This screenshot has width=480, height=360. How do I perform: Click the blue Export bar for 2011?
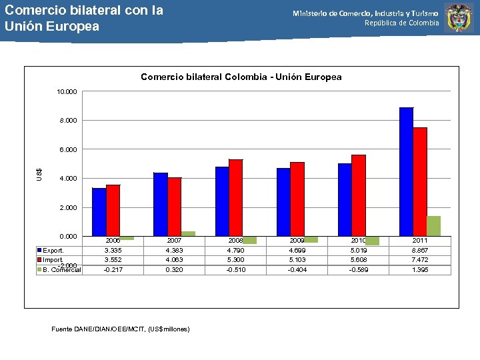pos(406,171)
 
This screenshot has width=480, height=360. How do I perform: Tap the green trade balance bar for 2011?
pos(433,226)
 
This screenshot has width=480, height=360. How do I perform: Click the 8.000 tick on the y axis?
pos(67,121)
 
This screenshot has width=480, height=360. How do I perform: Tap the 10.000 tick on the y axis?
pos(67,91)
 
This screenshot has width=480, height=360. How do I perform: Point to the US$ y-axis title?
pos(40,173)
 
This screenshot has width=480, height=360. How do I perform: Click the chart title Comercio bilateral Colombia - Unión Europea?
pos(241,77)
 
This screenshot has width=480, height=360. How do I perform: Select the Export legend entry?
pos(53,251)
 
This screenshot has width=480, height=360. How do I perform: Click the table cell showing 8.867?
pos(420,251)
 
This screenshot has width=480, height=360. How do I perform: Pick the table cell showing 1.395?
pos(420,270)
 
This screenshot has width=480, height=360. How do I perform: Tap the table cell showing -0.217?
pos(113,270)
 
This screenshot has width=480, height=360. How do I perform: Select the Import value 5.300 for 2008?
pos(236,260)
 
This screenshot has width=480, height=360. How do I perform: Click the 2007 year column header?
pos(175,240)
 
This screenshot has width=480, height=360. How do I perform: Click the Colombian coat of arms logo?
pos(459,18)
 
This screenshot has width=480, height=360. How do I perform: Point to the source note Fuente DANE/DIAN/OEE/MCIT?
pos(120,329)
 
